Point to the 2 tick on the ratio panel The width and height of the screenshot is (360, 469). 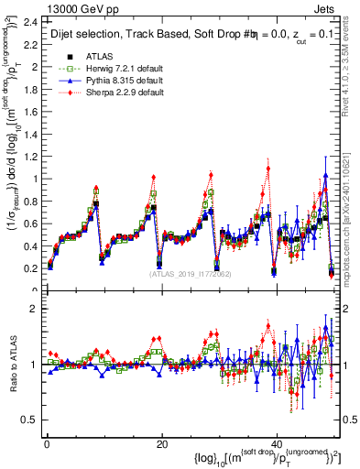[x=34, y=308]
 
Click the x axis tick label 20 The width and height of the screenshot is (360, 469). [x=161, y=444]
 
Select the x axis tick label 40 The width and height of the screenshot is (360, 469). [x=278, y=444]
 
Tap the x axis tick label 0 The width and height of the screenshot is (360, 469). [x=46, y=444]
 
